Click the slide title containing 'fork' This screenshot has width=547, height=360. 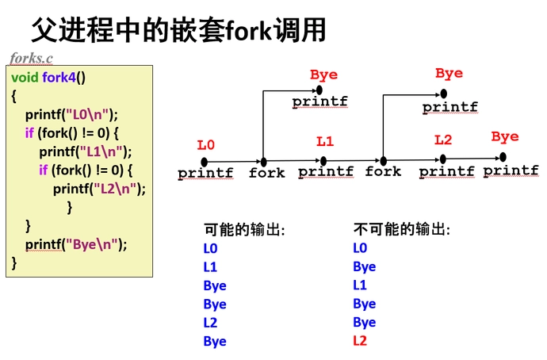[178, 30]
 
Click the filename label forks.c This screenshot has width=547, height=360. [32, 58]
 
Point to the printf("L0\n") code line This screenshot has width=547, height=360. [71, 114]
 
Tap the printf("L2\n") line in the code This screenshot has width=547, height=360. [99, 188]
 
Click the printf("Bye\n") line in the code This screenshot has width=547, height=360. [76, 244]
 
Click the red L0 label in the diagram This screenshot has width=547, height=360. [206, 145]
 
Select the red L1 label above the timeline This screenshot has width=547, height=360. [325, 142]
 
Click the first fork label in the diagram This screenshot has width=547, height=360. [266, 172]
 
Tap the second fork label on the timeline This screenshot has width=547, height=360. [383, 171]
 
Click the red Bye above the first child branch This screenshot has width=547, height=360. [323, 75]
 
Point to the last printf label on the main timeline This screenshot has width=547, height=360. [511, 170]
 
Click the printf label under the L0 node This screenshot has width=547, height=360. [205, 172]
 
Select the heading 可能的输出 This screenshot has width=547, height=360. [244, 230]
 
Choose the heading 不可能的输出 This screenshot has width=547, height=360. [401, 230]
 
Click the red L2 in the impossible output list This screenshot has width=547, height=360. [360, 341]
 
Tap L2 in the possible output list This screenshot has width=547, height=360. [210, 323]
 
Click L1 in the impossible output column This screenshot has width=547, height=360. [360, 285]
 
